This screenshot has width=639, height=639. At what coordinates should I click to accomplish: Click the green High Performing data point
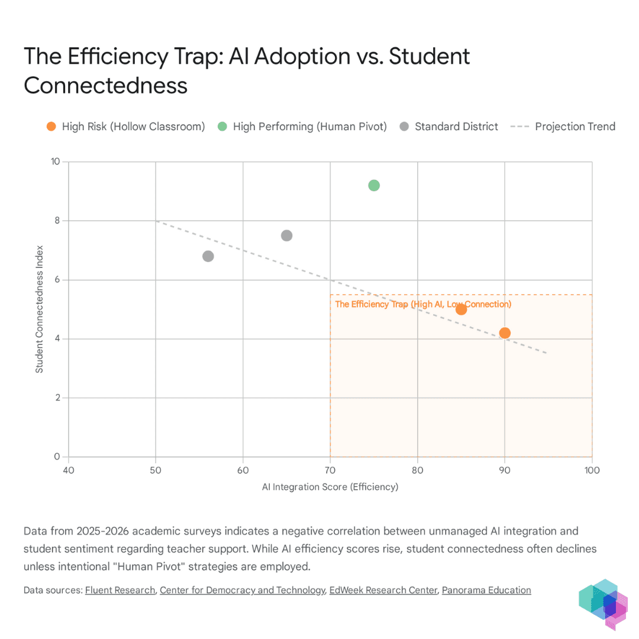(374, 185)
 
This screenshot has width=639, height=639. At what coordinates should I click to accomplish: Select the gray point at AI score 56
(208, 256)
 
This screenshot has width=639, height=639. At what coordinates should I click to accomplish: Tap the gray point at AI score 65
(286, 235)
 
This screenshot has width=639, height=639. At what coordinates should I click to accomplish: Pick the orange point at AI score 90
(505, 333)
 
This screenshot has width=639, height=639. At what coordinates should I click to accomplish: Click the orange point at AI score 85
(461, 309)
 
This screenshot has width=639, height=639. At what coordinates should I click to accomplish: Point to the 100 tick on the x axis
(592, 470)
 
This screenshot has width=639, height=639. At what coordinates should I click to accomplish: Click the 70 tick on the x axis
(330, 470)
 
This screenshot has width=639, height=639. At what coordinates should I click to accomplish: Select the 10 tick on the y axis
(55, 162)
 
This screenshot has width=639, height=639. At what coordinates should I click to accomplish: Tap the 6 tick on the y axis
(57, 279)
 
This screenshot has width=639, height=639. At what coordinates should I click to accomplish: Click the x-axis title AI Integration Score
(330, 486)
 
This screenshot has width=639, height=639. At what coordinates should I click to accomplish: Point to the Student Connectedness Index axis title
(39, 309)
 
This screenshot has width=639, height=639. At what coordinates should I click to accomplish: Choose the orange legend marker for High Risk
(51, 127)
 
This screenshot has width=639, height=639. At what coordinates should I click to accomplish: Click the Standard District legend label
(456, 127)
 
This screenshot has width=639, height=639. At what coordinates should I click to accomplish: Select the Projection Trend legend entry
(563, 127)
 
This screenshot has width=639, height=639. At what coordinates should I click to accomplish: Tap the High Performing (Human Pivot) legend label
(309, 127)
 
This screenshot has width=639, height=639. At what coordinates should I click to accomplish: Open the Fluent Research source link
(120, 590)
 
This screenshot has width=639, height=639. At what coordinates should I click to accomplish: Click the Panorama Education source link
(486, 590)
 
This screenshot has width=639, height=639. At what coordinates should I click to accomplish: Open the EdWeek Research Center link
(383, 590)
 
